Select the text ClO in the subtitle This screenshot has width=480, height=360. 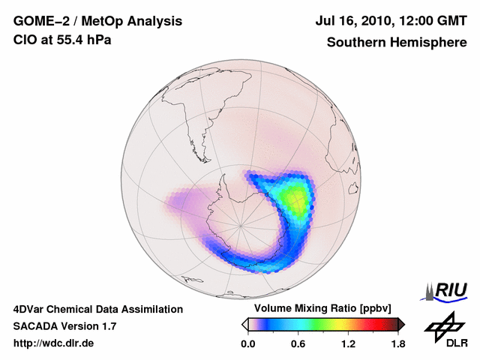coord(24,40)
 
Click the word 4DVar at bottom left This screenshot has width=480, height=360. coord(32,309)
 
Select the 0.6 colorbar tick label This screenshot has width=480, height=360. coord(298,343)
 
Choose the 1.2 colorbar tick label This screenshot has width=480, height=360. coord(348,343)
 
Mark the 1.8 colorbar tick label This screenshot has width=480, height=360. coord(397,343)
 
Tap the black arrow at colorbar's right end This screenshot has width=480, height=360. coord(401,324)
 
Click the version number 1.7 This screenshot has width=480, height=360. coord(106,326)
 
